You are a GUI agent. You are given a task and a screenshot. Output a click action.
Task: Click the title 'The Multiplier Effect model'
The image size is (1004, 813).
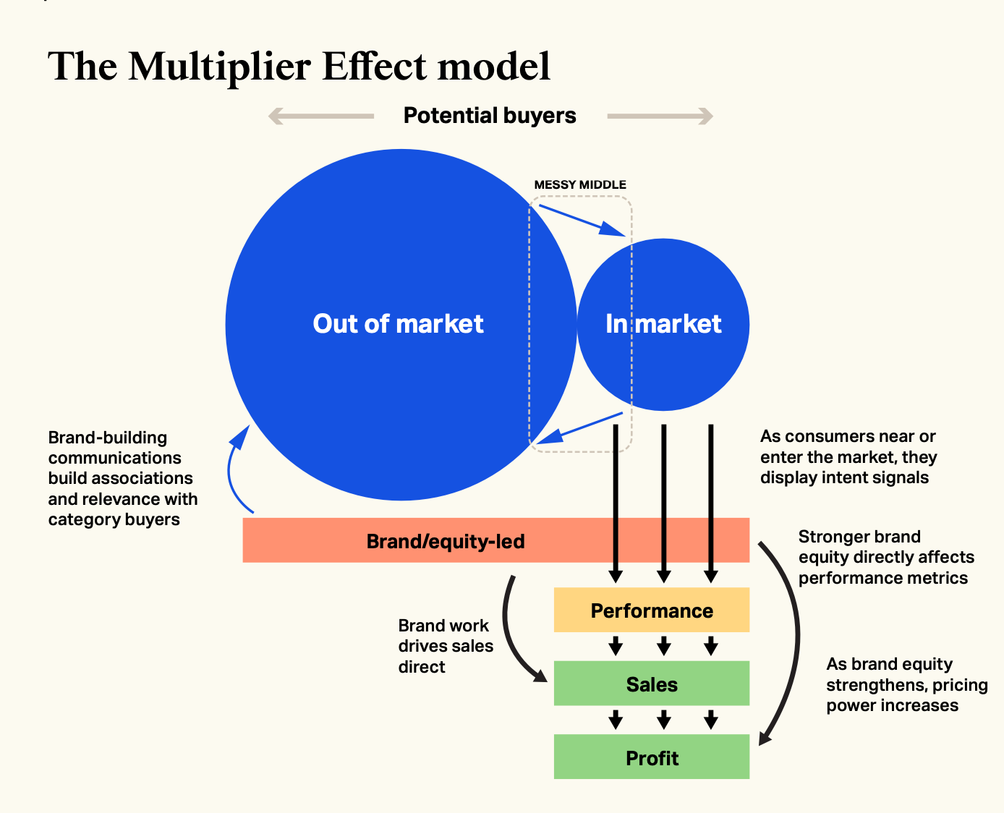[x=299, y=67]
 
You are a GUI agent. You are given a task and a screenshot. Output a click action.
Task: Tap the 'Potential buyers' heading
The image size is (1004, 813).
[x=490, y=116]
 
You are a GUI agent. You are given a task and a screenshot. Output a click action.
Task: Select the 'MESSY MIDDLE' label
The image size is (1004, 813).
[x=580, y=184]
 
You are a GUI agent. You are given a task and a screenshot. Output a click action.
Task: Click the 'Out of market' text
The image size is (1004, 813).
[x=399, y=324]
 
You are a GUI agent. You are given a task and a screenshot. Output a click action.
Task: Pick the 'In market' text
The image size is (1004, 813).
[x=663, y=324]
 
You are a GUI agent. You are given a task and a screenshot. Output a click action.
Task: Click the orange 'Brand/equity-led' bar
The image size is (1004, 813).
[x=496, y=540]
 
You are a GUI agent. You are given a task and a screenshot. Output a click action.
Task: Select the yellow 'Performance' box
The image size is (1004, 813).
[x=652, y=610]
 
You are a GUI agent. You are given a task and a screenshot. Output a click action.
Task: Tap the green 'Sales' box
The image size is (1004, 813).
[x=652, y=684]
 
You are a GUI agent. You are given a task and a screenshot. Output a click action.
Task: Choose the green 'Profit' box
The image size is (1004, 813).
[x=652, y=757]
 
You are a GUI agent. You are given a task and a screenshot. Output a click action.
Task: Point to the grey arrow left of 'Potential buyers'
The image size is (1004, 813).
[x=321, y=116]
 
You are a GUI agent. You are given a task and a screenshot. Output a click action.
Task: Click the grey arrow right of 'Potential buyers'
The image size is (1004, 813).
[x=660, y=116]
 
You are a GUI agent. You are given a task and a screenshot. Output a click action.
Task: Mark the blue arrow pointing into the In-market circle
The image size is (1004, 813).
[x=582, y=221]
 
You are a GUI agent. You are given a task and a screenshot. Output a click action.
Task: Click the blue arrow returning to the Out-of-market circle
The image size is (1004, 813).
[x=579, y=428]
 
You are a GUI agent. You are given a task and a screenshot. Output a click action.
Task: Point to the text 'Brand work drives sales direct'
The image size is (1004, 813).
[x=446, y=646]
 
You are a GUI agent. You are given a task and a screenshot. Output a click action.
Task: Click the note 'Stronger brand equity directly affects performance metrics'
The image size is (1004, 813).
[x=886, y=557]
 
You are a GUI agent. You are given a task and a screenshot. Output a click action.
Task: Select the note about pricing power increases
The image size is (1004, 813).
[x=907, y=685]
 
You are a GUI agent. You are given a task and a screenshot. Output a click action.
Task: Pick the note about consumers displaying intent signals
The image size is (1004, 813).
[x=848, y=456]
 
